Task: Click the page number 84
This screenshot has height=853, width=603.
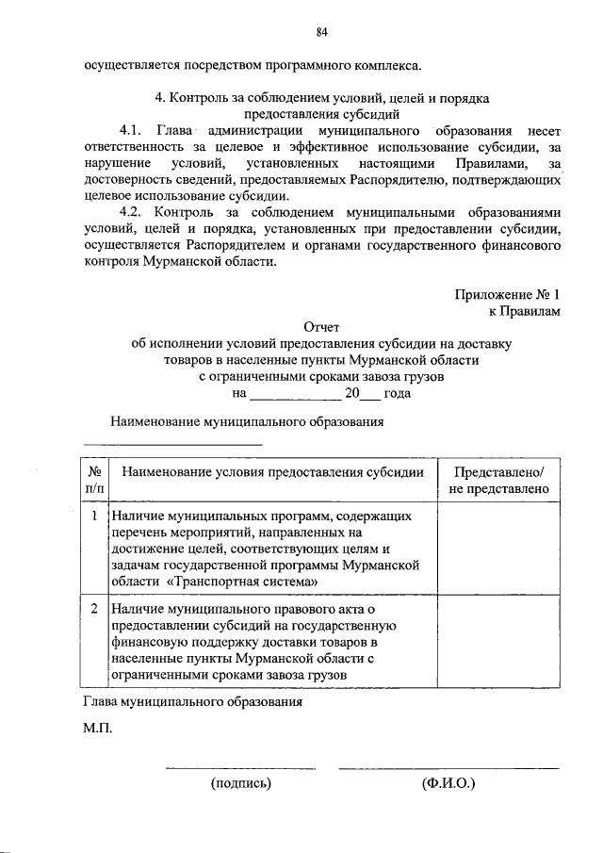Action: pos(321,32)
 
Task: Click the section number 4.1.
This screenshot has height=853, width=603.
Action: pos(133,130)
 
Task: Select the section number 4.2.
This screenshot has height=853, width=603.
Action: pos(133,213)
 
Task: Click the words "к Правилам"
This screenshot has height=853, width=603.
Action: pos(524,309)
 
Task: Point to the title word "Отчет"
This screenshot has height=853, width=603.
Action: pos(321,326)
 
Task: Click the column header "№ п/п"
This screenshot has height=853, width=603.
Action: pos(95,480)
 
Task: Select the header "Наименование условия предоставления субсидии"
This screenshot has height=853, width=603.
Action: pos(272,471)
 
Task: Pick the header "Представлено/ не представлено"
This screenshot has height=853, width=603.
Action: pos(499,480)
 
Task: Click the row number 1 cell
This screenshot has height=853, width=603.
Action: pos(95,517)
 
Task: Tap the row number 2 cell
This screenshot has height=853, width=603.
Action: pos(95,609)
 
